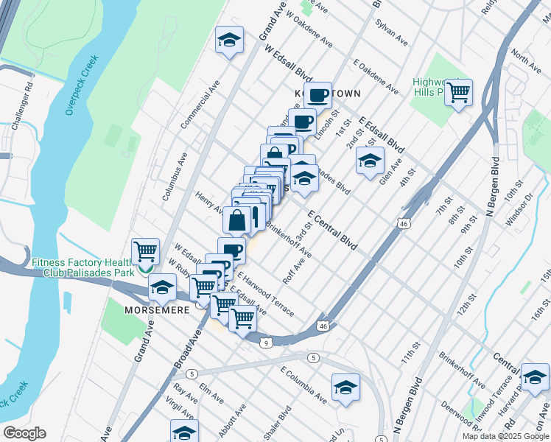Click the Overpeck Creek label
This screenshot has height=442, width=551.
82,83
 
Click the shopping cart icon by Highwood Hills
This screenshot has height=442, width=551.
458,92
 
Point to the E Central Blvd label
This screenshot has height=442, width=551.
332,229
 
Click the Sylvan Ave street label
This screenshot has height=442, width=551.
391,33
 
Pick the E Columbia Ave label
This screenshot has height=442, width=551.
303,384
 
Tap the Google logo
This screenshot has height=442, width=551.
24,433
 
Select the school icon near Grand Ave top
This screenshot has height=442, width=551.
229,40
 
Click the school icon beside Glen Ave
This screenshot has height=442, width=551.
370,160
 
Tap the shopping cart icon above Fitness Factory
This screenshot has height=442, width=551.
146,252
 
